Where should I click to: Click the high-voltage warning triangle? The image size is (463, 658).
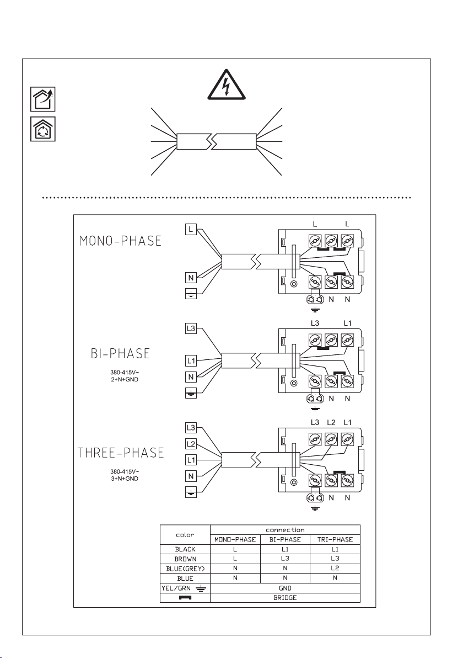pos(225,85)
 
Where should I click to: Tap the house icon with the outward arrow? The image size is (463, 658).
pos(43,99)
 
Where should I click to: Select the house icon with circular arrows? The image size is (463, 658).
pos(43,129)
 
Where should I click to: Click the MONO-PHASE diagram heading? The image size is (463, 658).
pos(121,241)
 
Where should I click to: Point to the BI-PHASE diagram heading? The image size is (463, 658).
pos(121,353)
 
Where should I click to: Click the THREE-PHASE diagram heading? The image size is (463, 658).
pos(121,453)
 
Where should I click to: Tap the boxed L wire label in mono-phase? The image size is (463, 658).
pos(191,229)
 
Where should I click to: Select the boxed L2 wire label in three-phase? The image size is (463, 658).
pos(191,444)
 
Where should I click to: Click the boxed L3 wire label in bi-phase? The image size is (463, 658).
pos(191,328)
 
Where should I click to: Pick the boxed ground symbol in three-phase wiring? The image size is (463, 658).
pos(191,492)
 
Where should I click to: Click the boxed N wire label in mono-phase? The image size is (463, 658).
pos(191,278)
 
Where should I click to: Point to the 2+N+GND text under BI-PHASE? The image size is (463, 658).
pos(125,380)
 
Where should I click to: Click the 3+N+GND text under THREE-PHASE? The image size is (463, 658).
pos(125,479)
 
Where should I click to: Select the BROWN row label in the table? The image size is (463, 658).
pos(185,559)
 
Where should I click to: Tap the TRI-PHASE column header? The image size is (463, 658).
pos(335,540)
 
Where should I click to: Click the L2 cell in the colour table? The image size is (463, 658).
pos(335,568)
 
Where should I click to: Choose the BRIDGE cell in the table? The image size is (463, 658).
pos(285,598)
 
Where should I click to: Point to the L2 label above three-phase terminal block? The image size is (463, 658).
pos(331,423)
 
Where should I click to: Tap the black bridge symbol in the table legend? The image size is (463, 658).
pos(185,598)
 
